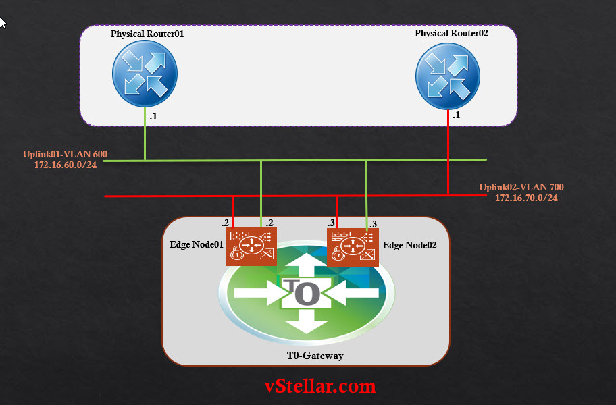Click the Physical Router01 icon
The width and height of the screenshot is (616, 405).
coord(146,74)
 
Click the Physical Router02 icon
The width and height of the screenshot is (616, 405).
coord(448,74)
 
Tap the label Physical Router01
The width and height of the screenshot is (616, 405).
coord(147,33)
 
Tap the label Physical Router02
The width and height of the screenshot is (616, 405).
coord(451,33)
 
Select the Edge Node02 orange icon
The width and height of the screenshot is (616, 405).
coord(349,246)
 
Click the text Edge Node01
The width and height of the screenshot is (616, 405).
coord(197,244)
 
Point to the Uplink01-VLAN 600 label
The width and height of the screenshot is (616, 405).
coord(65,155)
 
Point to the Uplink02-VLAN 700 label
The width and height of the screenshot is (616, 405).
coord(521,187)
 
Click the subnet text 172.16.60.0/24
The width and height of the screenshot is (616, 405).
coord(66,165)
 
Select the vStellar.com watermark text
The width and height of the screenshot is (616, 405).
coord(319,386)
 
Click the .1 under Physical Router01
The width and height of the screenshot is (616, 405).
coord(153,117)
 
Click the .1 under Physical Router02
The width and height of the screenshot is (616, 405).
coord(457,115)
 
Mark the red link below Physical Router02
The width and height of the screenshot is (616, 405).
coord(448,152)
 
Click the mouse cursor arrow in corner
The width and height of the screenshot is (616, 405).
coord(3,22)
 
